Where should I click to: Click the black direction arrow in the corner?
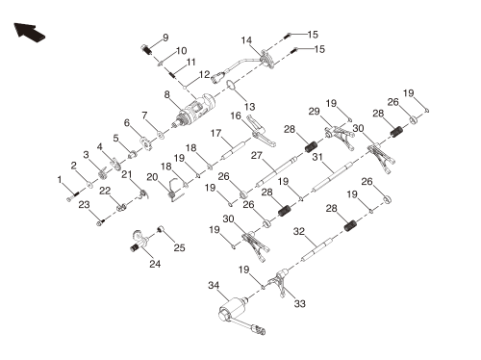pyautogui.click(x=29, y=32)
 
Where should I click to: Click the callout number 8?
pyautogui.click(x=166, y=94)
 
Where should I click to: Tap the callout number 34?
pyautogui.click(x=214, y=285)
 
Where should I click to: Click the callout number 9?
pyautogui.click(x=165, y=38)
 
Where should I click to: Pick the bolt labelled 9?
pyautogui.click(x=146, y=50)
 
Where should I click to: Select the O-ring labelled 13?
pyautogui.click(x=231, y=85)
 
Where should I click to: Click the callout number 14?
pyautogui.click(x=246, y=40)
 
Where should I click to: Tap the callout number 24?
pyautogui.click(x=155, y=264)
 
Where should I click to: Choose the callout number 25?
pyautogui.click(x=179, y=247)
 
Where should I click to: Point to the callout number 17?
pyautogui.click(x=215, y=133)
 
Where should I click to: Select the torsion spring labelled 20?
pyautogui.click(x=173, y=191)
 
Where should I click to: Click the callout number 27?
pyautogui.click(x=257, y=155)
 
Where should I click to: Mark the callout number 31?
pyautogui.click(x=317, y=157)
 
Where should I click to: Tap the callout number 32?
pyautogui.click(x=299, y=231)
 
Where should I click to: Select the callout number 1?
pyautogui.click(x=60, y=180)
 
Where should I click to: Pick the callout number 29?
pyautogui.click(x=315, y=112)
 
